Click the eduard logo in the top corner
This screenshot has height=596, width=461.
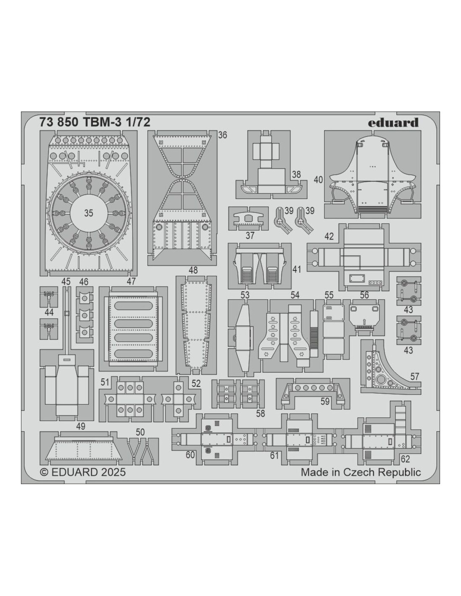[x=393, y=123]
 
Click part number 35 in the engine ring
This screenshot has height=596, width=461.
[x=88, y=213]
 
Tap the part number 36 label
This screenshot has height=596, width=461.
[x=223, y=135]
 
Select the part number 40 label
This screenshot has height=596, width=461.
[x=319, y=180]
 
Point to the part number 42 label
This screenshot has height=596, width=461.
[x=329, y=236]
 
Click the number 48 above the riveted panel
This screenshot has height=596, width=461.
[x=193, y=270]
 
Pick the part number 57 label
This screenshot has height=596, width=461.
[x=414, y=376]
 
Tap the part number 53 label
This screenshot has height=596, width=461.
[x=245, y=295]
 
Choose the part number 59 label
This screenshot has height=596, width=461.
[x=325, y=402]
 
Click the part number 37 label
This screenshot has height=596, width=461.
[x=250, y=236]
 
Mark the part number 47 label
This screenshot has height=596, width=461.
[x=131, y=281]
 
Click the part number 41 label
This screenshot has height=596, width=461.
[x=297, y=269]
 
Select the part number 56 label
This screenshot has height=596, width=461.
[x=364, y=295]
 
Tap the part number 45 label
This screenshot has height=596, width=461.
[x=66, y=281]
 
